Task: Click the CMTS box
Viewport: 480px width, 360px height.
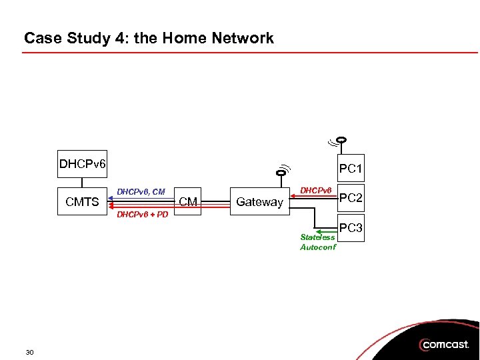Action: point(82,202)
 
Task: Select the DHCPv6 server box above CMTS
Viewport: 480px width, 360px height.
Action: point(82,164)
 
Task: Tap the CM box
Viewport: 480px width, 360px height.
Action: point(188,202)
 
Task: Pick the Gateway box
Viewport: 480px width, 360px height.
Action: point(259,202)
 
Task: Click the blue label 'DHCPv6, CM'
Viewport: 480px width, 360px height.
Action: point(141,192)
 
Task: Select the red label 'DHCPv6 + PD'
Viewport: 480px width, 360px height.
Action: point(142,215)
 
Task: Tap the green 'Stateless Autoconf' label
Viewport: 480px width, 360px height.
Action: point(318,242)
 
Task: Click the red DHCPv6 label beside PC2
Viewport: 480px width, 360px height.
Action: point(315,191)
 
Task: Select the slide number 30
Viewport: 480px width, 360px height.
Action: point(29,351)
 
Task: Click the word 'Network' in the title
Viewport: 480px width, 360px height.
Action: point(244,38)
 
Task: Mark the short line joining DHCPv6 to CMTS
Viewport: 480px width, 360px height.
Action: point(82,184)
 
